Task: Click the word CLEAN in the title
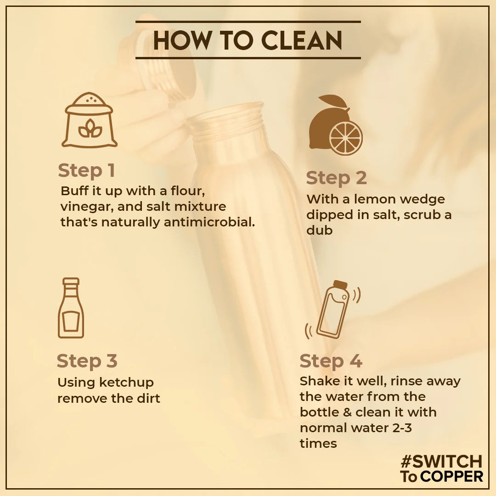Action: [302, 40]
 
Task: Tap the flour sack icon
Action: [90, 120]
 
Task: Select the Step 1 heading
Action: [86, 170]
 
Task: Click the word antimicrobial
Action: [209, 222]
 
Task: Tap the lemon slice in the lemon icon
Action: [345, 138]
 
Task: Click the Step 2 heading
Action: [336, 178]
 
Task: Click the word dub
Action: [319, 230]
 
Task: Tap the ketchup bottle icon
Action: [71, 308]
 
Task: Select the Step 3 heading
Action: [87, 361]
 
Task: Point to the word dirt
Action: [148, 398]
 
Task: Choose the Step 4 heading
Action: [331, 361]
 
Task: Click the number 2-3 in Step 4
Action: [402, 428]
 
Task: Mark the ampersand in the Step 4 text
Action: [347, 412]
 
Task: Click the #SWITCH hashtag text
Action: [441, 462]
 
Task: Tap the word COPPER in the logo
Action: [452, 476]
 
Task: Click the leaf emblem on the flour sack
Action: [90, 129]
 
